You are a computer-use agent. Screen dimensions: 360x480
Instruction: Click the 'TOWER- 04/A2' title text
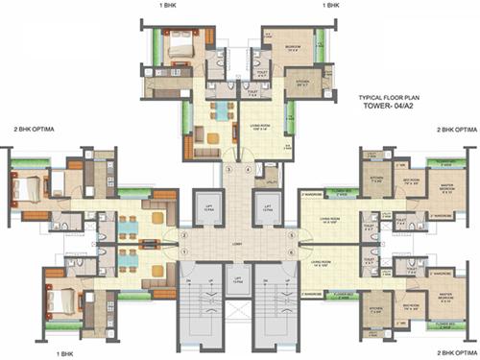click(389, 106)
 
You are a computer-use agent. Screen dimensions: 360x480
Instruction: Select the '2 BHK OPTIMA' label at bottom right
click(450, 353)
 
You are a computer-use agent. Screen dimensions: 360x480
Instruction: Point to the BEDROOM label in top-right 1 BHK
click(295, 46)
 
